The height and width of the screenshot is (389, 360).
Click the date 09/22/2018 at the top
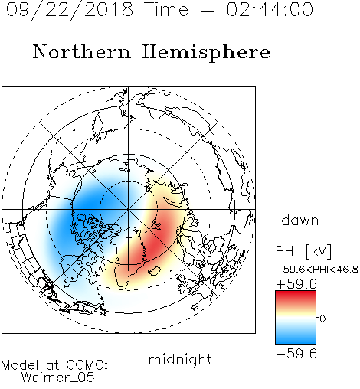(x=70, y=10)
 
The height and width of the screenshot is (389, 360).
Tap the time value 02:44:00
(x=270, y=9)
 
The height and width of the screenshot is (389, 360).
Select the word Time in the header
(x=166, y=9)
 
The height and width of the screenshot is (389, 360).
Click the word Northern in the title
(x=82, y=52)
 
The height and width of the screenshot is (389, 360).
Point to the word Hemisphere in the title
(x=206, y=53)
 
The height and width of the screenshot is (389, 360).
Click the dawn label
(x=300, y=220)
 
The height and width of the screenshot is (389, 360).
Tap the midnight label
(x=180, y=359)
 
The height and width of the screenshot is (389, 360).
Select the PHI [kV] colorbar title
(x=303, y=251)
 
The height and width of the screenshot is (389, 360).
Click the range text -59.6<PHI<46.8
(x=317, y=270)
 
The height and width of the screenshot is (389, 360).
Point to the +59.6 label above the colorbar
(x=296, y=284)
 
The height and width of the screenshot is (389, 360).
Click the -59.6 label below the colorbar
(x=296, y=354)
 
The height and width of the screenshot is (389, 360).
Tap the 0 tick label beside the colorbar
(x=322, y=319)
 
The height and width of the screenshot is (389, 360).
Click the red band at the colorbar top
(x=296, y=296)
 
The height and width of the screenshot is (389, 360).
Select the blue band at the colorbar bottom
(x=296, y=338)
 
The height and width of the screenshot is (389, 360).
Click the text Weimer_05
(x=58, y=378)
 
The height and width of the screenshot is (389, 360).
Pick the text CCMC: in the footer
(x=87, y=365)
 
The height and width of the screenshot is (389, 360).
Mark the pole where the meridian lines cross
(x=129, y=209)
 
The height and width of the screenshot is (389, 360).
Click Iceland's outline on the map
(x=154, y=271)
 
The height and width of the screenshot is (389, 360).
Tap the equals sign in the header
(x=208, y=10)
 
